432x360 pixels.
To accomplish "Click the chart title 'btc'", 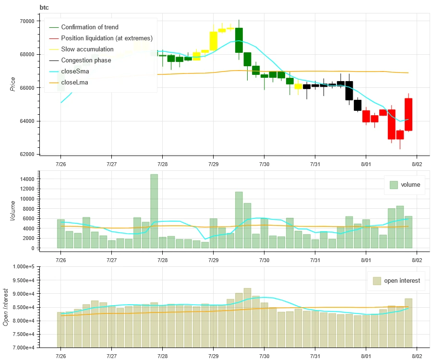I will (x=44, y=8).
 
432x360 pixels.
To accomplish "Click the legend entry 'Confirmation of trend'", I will (x=89, y=27).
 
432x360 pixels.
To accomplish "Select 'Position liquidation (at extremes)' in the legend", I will (x=107, y=38).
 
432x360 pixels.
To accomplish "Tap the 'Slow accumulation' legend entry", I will (x=87, y=49).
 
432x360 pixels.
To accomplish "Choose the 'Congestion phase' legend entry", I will (x=86, y=60).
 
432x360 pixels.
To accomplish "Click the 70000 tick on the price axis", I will (x=27, y=21).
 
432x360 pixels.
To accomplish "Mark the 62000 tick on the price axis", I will (x=27, y=155).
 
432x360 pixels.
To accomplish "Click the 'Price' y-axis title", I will (x=12, y=84).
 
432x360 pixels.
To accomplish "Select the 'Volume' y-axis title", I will (x=12, y=210).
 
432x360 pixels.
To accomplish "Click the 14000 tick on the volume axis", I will (x=27, y=179).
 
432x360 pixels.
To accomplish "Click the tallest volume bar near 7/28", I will (x=154, y=211).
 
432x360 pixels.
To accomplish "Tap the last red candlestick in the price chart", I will (x=408, y=114).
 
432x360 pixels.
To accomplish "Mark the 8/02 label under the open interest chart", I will (x=416, y=355).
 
